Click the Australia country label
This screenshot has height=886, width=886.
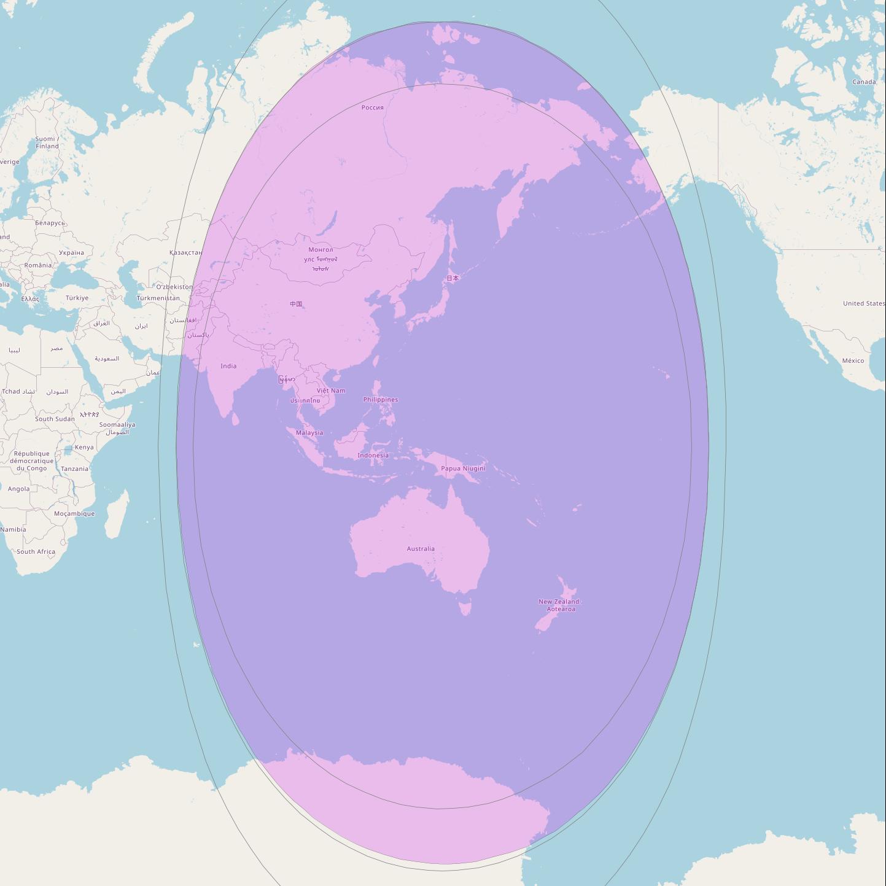tap(421, 549)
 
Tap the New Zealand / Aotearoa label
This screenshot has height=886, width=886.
tap(560, 605)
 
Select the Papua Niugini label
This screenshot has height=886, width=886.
tap(463, 468)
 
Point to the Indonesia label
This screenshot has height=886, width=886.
tap(373, 456)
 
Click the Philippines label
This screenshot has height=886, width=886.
tap(381, 400)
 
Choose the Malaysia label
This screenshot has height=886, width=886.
tap(309, 433)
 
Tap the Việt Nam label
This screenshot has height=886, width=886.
tap(331, 391)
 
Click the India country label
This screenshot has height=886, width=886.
tap(228, 366)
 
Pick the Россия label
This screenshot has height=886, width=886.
tap(372, 107)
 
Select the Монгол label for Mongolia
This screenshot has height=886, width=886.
tap(321, 250)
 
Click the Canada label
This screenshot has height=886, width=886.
tap(864, 82)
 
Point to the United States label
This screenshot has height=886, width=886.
tap(863, 303)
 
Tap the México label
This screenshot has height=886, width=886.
tap(853, 360)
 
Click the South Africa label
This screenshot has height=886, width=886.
tap(36, 551)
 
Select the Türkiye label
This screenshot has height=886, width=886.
tap(77, 298)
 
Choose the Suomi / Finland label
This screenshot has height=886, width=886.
tap(47, 142)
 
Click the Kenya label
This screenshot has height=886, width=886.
tap(84, 447)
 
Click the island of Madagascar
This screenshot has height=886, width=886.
tap(117, 513)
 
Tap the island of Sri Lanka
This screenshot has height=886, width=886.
tap(235, 419)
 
